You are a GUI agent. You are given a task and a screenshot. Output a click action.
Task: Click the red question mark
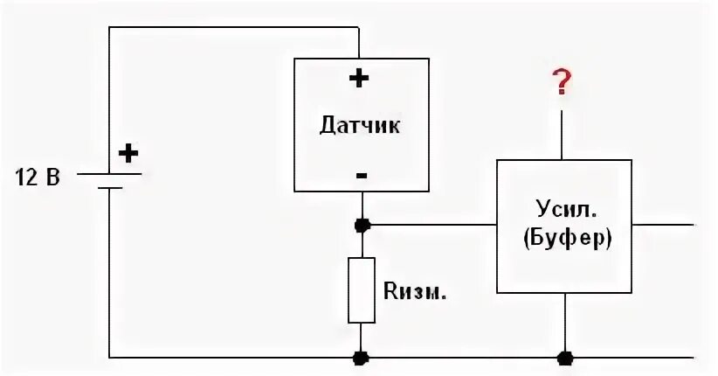563,82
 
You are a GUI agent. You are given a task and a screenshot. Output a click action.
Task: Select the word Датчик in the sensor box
360,125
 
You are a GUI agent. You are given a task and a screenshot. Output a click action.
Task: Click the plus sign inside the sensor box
359,78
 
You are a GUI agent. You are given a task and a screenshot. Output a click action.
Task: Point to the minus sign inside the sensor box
361,175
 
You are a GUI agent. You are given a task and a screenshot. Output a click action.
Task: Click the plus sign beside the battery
128,154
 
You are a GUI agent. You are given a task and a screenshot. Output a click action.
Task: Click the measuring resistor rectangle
361,290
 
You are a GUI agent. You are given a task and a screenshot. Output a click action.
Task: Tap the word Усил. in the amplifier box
563,210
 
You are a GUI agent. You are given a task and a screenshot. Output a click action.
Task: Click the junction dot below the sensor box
361,225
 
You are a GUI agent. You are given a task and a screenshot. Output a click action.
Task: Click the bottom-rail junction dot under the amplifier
564,357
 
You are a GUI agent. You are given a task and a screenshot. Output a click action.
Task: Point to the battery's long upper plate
109,173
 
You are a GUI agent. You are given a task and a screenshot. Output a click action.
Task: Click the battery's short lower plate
109,187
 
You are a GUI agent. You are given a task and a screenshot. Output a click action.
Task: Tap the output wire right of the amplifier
664,225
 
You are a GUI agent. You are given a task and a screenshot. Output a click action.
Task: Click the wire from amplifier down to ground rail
564,324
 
